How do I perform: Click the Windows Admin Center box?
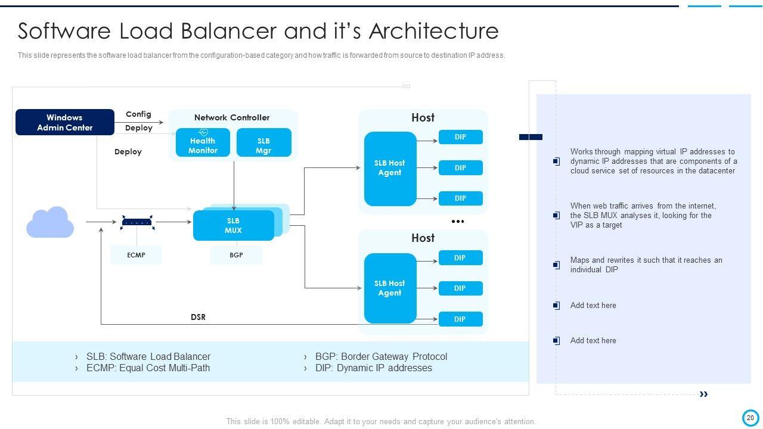[64, 122]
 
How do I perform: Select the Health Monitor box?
[203, 142]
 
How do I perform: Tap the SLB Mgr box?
[263, 143]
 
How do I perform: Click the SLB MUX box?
[233, 225]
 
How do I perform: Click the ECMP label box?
[136, 255]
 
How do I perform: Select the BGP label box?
[236, 255]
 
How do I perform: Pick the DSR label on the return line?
[198, 317]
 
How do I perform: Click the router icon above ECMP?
[137, 222]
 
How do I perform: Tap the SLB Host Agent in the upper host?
[390, 169]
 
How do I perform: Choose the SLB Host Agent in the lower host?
[390, 288]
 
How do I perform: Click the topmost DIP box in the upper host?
[460, 137]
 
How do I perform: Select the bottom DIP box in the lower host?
[460, 319]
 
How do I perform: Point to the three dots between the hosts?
[457, 222]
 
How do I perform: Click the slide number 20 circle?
[750, 418]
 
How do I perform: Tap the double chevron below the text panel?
[703, 394]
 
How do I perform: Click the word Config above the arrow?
[138, 114]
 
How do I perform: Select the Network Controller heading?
[232, 117]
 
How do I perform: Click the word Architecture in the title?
[433, 30]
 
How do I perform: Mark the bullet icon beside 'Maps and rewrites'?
[556, 265]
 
